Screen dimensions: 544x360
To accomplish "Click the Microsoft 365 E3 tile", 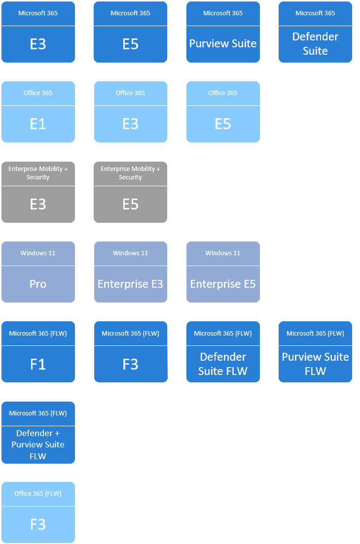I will click(38, 33).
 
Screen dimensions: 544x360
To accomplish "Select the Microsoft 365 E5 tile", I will click(130, 33).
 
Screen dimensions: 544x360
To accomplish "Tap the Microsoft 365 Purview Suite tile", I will click(223, 33).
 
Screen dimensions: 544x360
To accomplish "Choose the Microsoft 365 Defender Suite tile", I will click(315, 33).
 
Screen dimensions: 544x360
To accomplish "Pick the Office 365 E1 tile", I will click(38, 112).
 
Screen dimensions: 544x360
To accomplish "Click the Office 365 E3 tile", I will click(130, 112).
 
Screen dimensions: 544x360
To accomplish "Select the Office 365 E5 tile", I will click(223, 112).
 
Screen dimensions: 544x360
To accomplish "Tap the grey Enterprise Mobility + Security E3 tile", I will click(38, 193).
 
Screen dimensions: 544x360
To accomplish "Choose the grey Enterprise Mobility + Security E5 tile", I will click(130, 193).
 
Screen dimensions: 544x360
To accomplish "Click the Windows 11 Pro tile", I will click(38, 272).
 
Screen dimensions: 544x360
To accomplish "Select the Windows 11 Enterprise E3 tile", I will click(130, 272).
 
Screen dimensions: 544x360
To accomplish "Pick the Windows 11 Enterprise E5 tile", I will click(223, 272).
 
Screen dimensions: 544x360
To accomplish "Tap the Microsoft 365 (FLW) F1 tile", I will click(38, 352).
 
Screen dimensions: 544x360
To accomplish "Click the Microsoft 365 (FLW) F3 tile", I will click(130, 352).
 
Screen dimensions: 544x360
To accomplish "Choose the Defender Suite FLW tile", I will click(223, 352).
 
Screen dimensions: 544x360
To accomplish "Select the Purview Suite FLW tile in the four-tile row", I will click(315, 352).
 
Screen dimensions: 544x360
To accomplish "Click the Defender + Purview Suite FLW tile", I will click(38, 433).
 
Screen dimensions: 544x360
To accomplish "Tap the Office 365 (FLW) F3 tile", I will click(38, 513).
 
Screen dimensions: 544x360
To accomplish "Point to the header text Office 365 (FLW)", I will click(38, 494).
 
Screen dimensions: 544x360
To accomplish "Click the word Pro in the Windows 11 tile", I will click(38, 284).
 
